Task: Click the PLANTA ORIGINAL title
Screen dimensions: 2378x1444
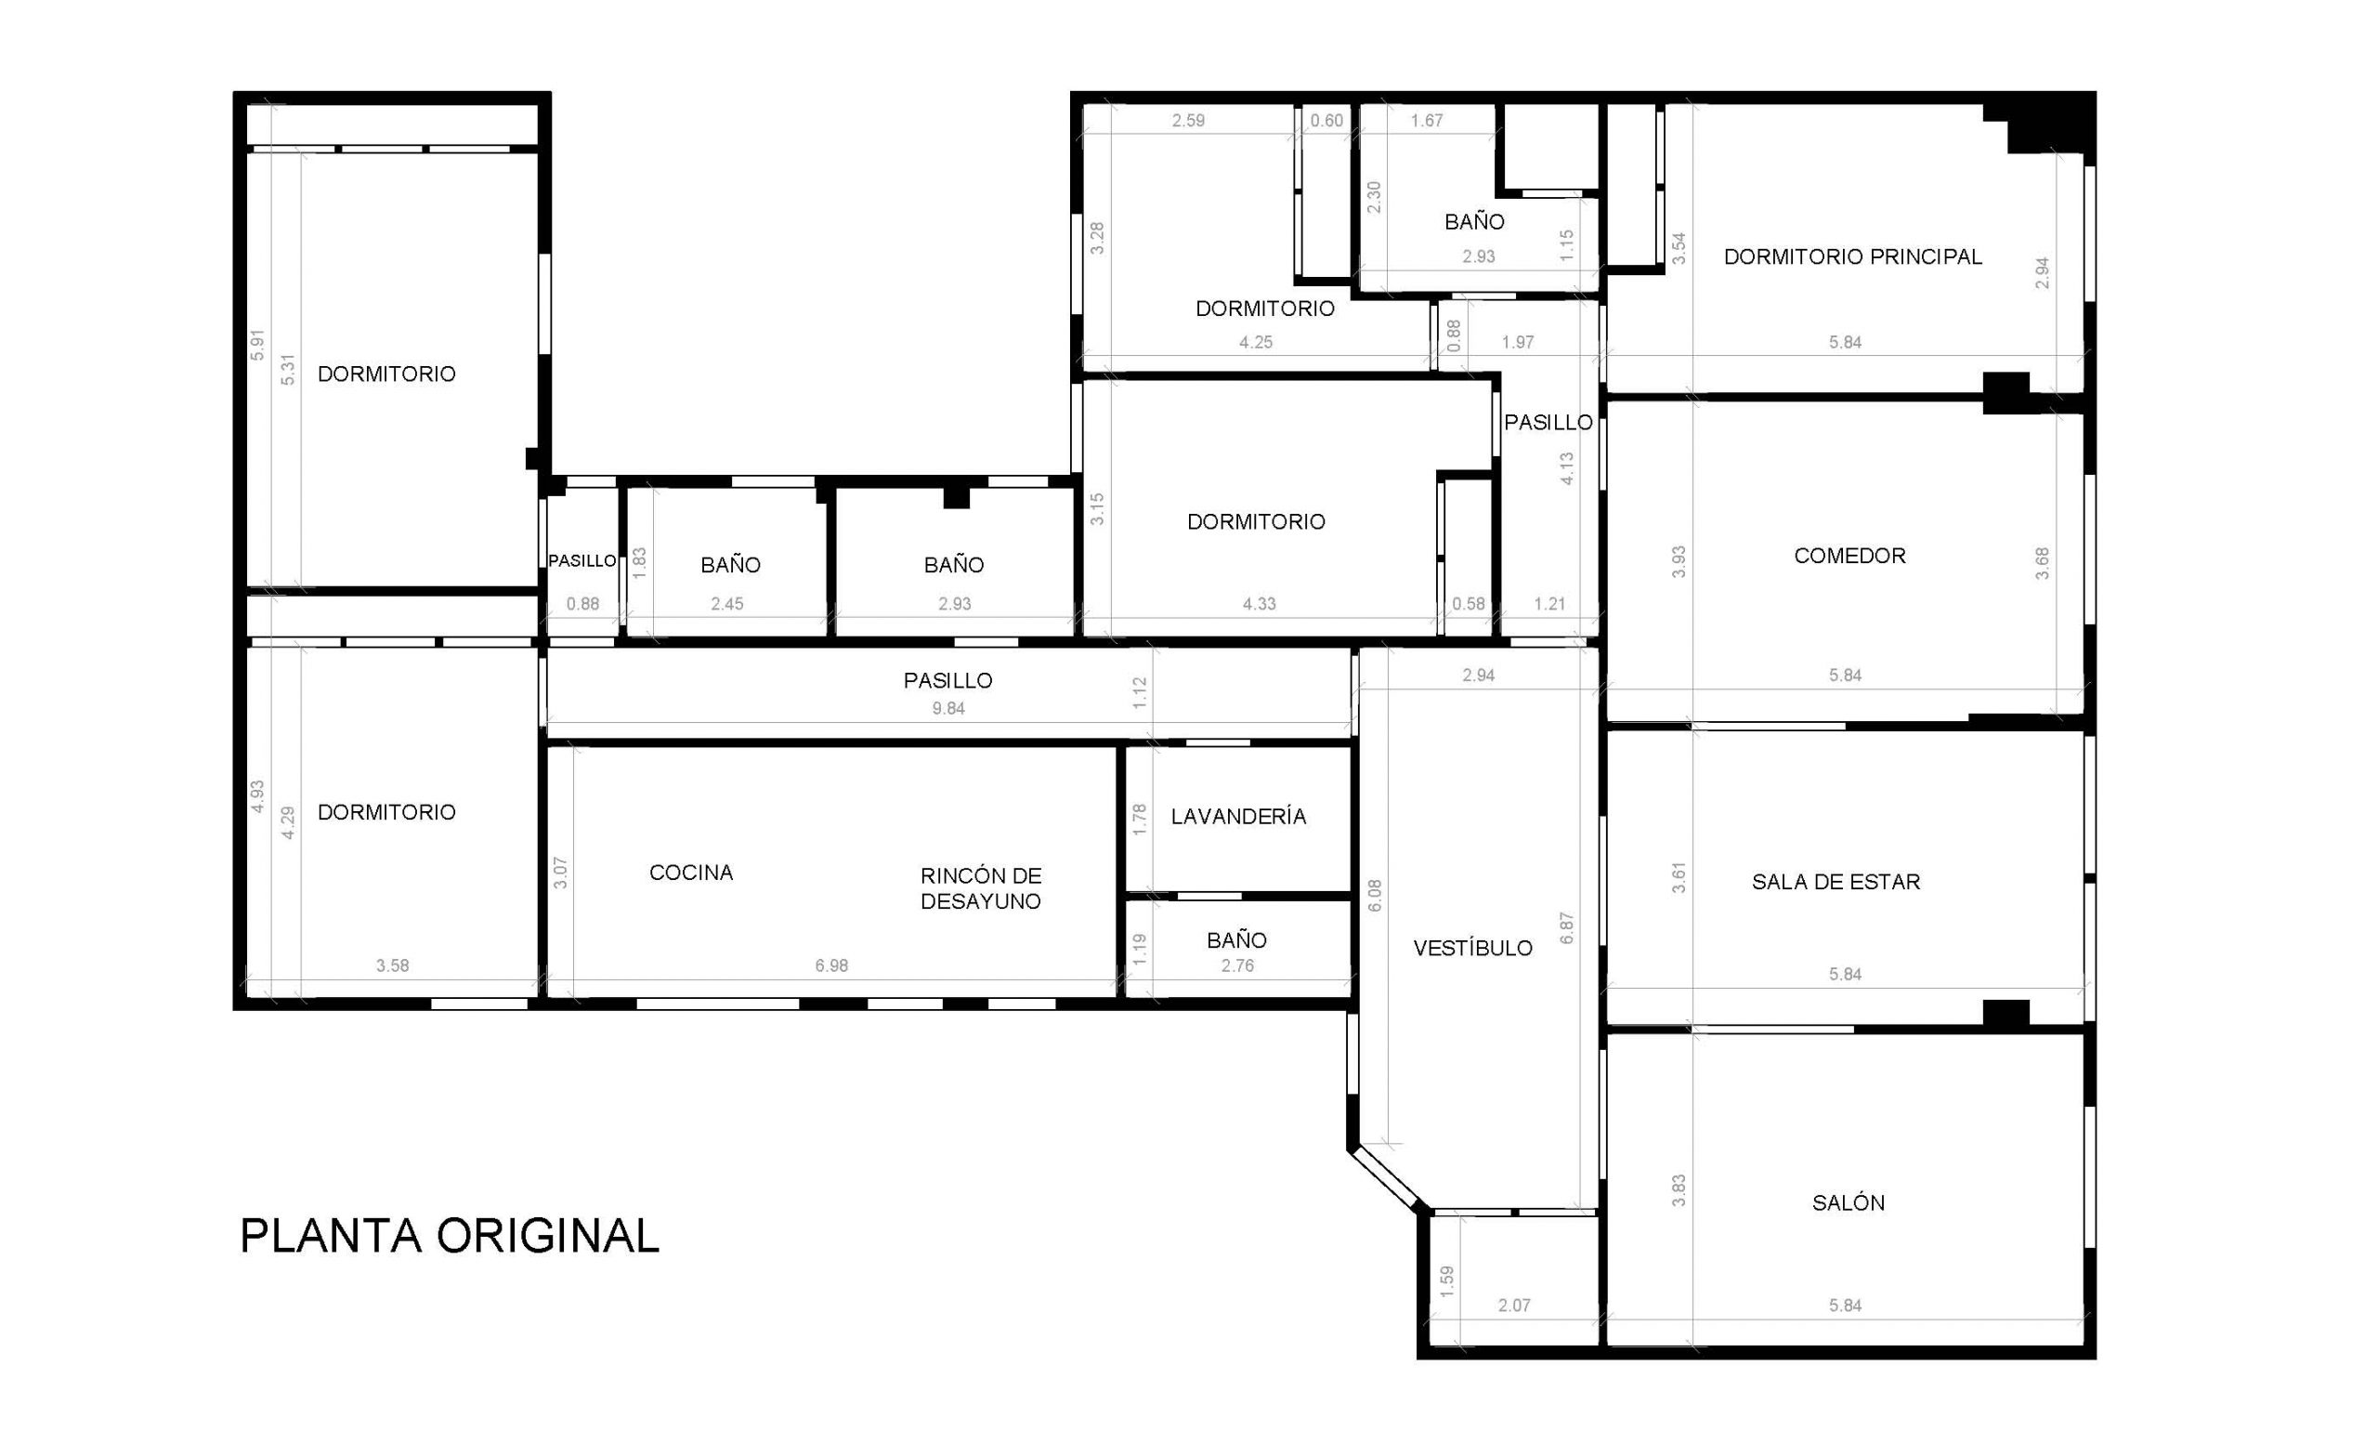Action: (x=449, y=1236)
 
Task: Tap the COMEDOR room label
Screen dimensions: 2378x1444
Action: (x=1849, y=556)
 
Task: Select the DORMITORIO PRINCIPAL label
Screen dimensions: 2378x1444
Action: (x=1852, y=256)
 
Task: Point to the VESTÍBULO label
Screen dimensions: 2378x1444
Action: (x=1472, y=948)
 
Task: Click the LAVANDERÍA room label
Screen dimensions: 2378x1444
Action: (x=1238, y=816)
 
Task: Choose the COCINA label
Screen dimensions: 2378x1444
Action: (x=691, y=873)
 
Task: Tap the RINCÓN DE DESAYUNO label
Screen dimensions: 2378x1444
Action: (x=981, y=888)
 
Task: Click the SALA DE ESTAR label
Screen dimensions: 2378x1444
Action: (x=1836, y=881)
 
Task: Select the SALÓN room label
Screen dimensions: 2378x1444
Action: (x=1849, y=1202)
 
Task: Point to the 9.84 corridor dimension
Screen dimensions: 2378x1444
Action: (x=947, y=708)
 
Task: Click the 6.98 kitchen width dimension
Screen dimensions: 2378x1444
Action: (x=831, y=965)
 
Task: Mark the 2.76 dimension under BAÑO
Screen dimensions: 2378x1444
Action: (x=1237, y=965)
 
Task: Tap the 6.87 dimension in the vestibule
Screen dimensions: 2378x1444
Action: (x=1567, y=927)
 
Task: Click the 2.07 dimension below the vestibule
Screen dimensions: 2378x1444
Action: (x=1514, y=1305)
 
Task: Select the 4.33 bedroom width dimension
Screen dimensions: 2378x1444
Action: (x=1259, y=604)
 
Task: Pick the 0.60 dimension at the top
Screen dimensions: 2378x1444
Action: (x=1327, y=121)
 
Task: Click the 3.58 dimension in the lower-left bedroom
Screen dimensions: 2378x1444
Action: (x=393, y=965)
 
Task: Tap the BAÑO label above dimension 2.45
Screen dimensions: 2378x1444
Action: (x=730, y=565)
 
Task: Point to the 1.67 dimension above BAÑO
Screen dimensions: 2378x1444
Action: (x=1427, y=121)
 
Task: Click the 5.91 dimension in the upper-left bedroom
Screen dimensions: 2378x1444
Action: (x=257, y=346)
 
